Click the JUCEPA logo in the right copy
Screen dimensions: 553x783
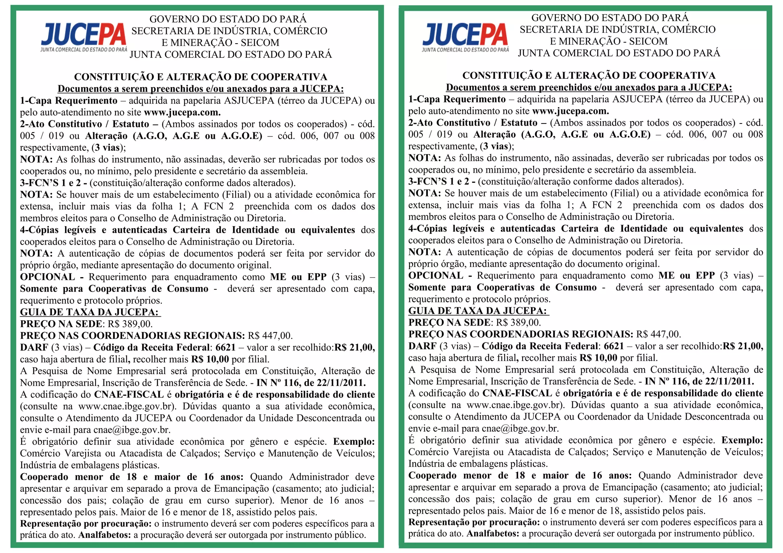pos(465,36)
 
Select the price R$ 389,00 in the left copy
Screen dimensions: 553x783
pos(130,324)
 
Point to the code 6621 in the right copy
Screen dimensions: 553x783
pos(614,346)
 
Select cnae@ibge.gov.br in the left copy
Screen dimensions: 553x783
pos(132,430)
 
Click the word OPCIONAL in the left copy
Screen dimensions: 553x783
pos(47,277)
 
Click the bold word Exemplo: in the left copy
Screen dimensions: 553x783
pos(354,442)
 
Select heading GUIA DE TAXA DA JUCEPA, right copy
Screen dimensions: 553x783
pos(478,311)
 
